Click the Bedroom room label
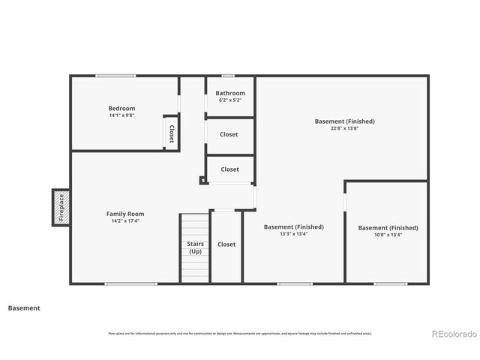(x=121, y=109)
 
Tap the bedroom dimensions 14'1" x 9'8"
(x=121, y=116)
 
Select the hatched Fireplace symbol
(x=61, y=207)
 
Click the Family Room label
(x=125, y=214)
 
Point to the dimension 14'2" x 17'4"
(x=125, y=221)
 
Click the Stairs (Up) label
(x=194, y=247)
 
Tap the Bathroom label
(x=230, y=93)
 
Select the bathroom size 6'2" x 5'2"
(x=230, y=100)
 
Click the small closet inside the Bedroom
(x=171, y=133)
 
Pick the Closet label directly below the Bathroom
(x=229, y=134)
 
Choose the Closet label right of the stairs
(x=226, y=244)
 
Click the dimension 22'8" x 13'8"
(x=344, y=128)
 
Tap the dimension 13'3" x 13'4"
(x=293, y=234)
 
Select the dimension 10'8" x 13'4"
(x=388, y=235)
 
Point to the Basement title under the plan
(x=24, y=307)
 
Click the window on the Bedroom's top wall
(x=115, y=76)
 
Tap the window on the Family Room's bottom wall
(x=130, y=283)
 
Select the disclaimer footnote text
(x=239, y=333)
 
